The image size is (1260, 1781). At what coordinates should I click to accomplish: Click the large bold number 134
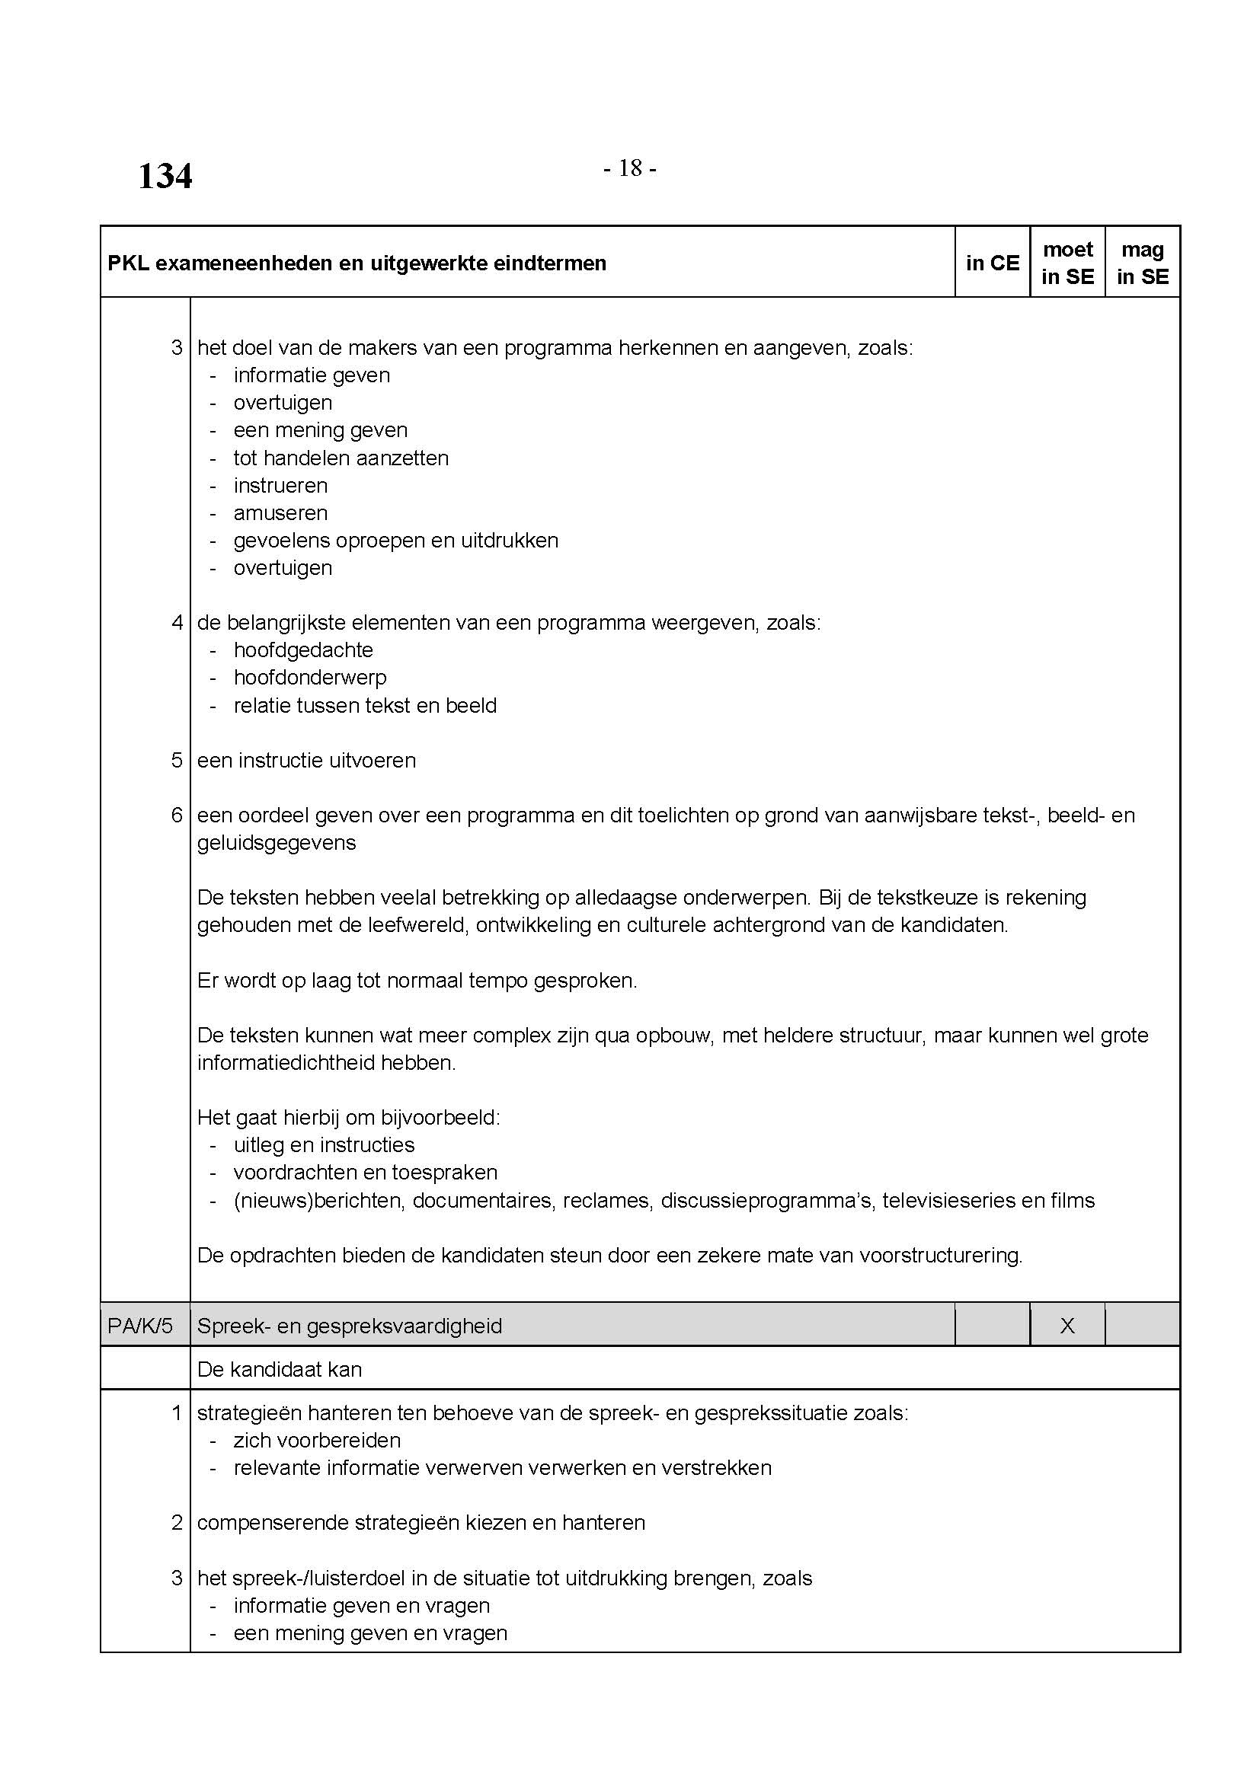165,176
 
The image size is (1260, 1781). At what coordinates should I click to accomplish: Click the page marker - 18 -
629,168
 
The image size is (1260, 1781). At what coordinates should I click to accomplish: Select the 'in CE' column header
992,263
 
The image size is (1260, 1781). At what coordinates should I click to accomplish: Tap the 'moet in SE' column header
1067,263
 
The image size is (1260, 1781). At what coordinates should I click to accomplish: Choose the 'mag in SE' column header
1142,263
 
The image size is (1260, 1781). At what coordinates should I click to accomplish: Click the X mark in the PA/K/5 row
1067,1326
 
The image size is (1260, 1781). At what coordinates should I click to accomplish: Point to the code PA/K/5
140,1326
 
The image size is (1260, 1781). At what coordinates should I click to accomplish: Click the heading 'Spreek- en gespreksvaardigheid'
349,1326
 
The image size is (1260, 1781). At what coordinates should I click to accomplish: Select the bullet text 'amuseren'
280,512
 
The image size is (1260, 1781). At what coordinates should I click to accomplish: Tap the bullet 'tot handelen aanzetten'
341,458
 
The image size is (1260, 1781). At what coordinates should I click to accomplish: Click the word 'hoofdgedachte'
302,650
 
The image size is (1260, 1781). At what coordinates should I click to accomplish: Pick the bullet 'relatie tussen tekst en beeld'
365,705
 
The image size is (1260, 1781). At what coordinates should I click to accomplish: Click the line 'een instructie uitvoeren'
306,760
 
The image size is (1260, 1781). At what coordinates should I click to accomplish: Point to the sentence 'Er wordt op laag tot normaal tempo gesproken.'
417,981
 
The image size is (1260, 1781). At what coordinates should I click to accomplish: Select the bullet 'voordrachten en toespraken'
365,1172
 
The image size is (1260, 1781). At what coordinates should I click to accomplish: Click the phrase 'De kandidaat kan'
280,1369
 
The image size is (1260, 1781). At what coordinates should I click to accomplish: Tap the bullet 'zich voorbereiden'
317,1441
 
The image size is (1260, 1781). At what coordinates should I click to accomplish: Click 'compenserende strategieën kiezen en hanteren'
421,1523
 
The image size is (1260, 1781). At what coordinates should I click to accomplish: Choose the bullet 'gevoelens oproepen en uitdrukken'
395,540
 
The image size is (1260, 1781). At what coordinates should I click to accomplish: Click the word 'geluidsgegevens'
277,842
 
